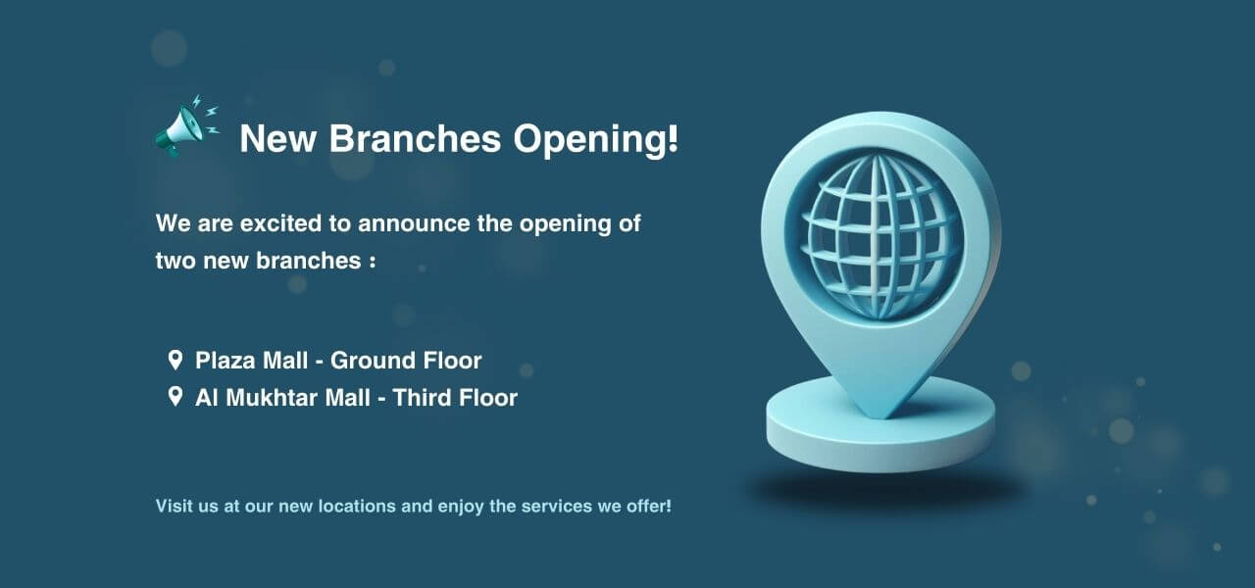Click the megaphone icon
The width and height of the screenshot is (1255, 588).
[186, 126]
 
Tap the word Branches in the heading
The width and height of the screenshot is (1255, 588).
[415, 138]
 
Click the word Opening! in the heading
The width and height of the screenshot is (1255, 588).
[595, 140]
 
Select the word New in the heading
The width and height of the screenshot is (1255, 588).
[277, 138]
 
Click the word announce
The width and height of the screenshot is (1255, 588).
[414, 224]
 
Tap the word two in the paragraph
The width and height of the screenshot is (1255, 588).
[176, 261]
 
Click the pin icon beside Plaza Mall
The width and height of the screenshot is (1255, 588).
[176, 360]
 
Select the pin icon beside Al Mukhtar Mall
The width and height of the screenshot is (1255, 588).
[176, 397]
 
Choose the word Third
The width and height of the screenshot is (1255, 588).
[422, 398]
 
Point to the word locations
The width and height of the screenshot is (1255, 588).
[357, 507]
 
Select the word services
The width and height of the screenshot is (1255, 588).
[556, 507]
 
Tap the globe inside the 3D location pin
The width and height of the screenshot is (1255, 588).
[878, 237]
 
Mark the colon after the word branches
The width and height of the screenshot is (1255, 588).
[373, 262]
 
